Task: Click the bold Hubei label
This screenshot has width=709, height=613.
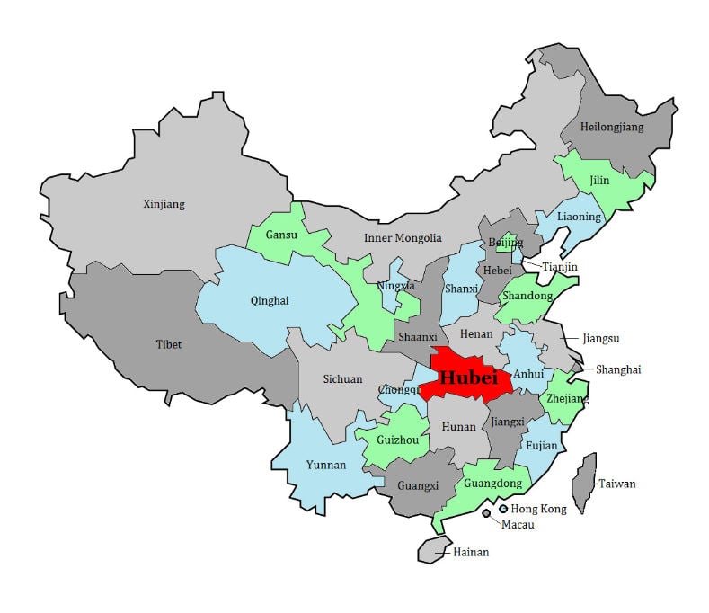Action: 468,378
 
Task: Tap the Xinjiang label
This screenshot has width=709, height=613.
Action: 164,204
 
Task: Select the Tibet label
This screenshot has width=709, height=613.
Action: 168,344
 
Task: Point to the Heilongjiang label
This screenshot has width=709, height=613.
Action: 613,127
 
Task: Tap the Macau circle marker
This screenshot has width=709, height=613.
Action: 486,513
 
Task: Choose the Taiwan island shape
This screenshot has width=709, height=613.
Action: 585,482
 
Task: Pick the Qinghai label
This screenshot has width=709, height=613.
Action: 270,301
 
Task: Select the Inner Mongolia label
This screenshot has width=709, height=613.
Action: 403,238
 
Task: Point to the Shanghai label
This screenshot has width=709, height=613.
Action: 618,369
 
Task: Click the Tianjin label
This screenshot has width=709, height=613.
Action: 560,267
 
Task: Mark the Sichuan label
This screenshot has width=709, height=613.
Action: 342,379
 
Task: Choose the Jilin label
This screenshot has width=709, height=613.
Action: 599,181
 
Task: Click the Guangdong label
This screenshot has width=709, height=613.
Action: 492,484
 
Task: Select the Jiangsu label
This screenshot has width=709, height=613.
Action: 601,338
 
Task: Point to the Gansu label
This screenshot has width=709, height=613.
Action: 281,235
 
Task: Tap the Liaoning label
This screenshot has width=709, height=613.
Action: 579,217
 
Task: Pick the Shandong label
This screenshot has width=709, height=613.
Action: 527,296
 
